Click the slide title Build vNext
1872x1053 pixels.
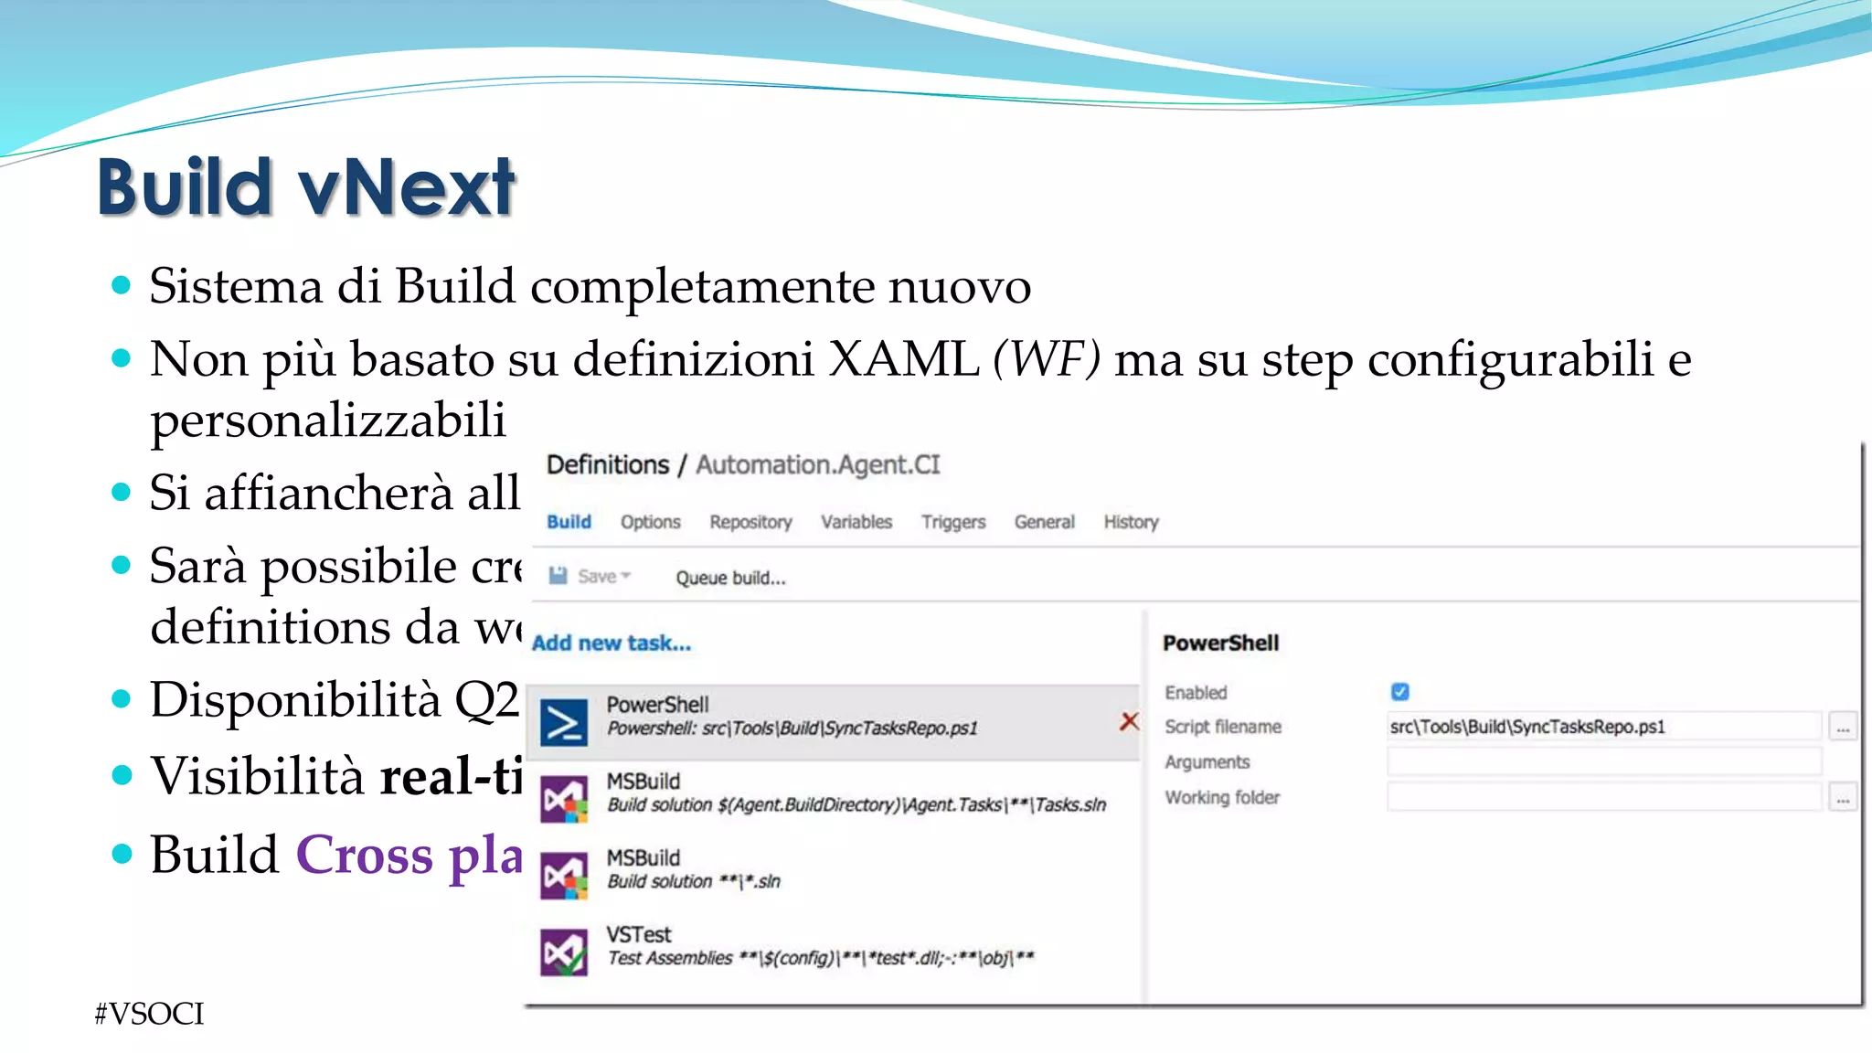click(x=306, y=187)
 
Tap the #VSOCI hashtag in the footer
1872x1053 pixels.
click(x=149, y=1014)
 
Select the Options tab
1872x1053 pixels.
click(x=650, y=522)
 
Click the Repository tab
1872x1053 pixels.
click(x=750, y=522)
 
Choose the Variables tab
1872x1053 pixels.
click(x=856, y=522)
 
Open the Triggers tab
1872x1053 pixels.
click(x=952, y=522)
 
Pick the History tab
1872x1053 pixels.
click(x=1131, y=522)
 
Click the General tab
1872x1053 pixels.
click(x=1044, y=522)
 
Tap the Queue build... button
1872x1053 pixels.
click(x=730, y=578)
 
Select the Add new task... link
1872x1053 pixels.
click(x=612, y=643)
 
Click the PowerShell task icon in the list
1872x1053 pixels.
click(x=563, y=723)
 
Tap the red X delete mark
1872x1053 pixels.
click(x=1129, y=721)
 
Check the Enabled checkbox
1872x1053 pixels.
click(x=1399, y=692)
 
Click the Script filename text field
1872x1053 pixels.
click(x=1603, y=727)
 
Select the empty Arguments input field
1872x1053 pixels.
click(x=1603, y=761)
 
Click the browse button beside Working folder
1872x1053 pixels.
click(x=1843, y=798)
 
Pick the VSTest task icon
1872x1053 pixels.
click(x=563, y=952)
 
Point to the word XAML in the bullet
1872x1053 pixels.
click(x=903, y=358)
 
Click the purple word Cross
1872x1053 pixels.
click(x=365, y=856)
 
